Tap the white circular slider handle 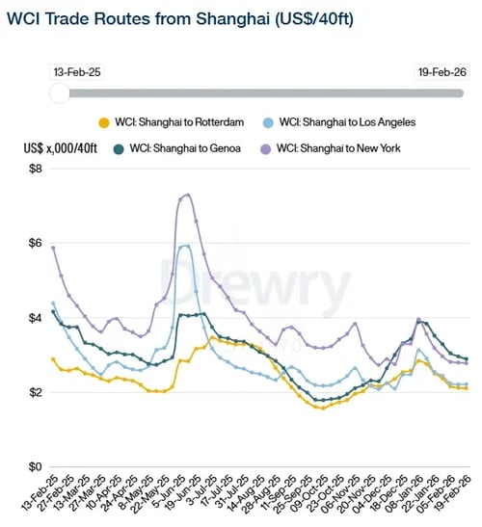(x=59, y=92)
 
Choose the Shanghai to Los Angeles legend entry (x=344, y=122)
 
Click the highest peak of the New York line (x=187, y=195)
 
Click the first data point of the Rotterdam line (x=53, y=359)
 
